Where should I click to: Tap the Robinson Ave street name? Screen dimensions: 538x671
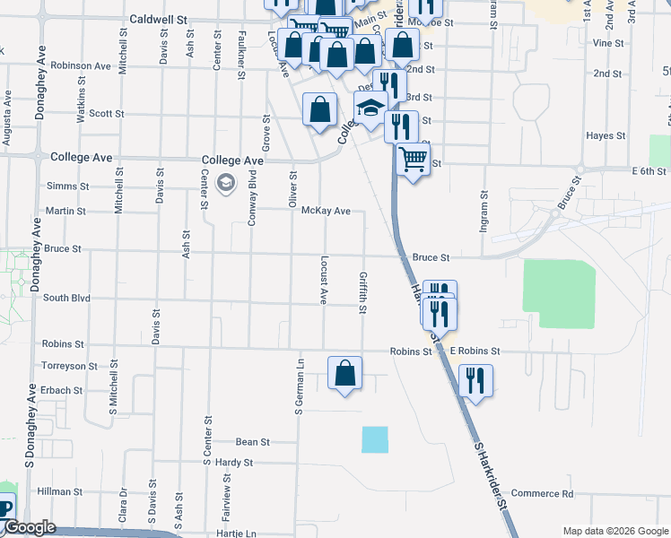[81, 65]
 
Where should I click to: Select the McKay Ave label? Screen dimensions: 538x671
[325, 211]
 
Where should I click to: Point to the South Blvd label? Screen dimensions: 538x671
[66, 298]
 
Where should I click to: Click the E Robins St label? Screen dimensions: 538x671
[475, 351]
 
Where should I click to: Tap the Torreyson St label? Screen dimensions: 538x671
[68, 366]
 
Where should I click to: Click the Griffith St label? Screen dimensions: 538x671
[363, 293]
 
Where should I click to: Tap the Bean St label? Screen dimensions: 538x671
[252, 442]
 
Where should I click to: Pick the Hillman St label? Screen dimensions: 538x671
[60, 491]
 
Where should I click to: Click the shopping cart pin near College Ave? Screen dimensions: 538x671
[412, 161]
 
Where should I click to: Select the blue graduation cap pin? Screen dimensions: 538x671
[370, 108]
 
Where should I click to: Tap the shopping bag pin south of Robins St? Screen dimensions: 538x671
[344, 373]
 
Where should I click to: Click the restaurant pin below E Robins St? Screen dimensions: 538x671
[475, 380]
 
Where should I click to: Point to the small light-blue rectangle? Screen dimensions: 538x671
[376, 439]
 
